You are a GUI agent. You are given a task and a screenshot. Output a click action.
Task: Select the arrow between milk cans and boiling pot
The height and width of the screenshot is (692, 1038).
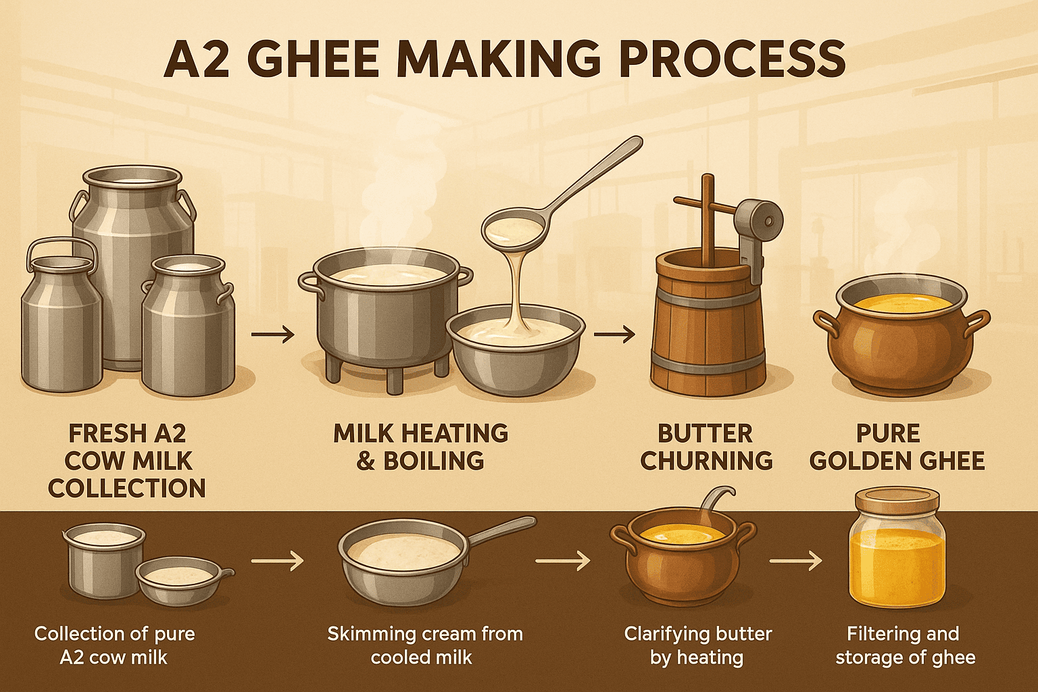pos(272,335)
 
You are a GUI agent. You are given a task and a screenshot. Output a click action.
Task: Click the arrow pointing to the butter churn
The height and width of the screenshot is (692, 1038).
pos(614,335)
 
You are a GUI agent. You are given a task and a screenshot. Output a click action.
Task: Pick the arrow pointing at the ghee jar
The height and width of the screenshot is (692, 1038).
pos(795,562)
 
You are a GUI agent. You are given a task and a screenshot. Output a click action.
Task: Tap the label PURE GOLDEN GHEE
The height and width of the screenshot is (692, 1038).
pos(898,447)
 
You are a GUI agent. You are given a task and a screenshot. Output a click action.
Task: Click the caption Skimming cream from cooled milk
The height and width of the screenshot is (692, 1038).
pos(425,645)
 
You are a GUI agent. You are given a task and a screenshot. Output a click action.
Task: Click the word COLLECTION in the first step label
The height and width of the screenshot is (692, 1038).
pos(127,488)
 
